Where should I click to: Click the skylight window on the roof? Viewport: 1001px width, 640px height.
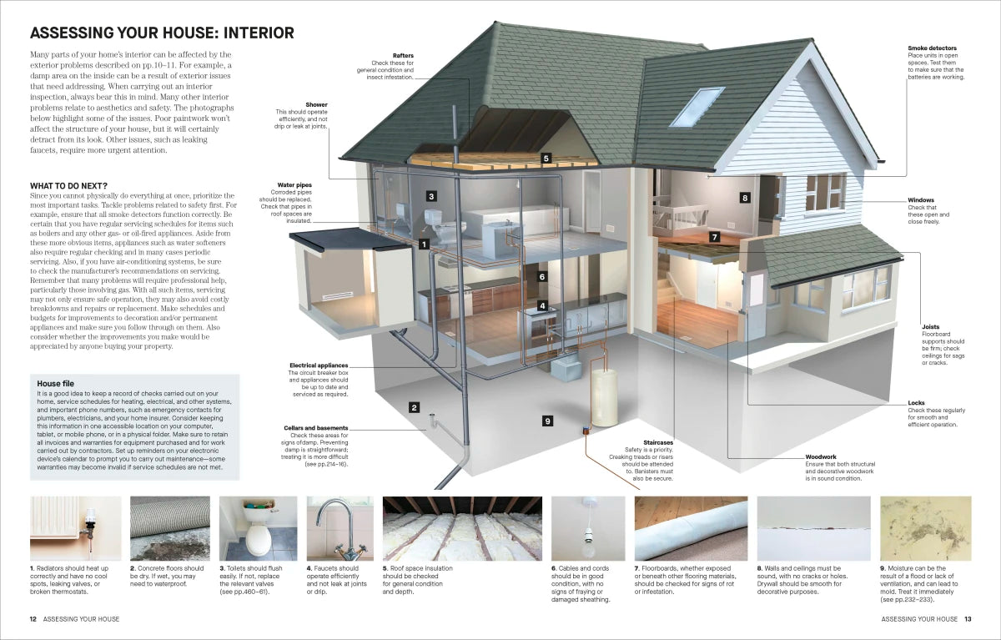tap(697, 108)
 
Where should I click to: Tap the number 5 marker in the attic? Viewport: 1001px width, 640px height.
tap(546, 159)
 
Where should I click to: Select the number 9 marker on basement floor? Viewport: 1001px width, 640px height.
tap(547, 421)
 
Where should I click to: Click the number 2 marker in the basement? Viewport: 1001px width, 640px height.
tap(415, 407)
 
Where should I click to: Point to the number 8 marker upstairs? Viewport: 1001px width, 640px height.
tap(744, 198)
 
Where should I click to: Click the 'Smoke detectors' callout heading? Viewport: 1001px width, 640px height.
tap(933, 48)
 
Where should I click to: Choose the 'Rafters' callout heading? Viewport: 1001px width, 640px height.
tap(403, 56)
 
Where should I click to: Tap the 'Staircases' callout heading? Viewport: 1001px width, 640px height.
tap(658, 442)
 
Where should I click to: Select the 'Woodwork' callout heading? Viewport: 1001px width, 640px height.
tap(821, 456)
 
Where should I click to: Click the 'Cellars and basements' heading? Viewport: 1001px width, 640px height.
tap(316, 428)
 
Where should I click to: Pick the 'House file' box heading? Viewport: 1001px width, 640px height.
tap(55, 384)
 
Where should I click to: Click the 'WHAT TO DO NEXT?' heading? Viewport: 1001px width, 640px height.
tap(68, 186)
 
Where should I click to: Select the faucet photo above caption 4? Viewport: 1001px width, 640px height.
tap(340, 528)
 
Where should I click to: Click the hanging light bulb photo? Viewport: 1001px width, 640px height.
tap(588, 528)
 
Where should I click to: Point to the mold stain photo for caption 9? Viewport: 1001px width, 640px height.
tap(925, 528)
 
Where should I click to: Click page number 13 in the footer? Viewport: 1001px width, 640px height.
tap(968, 619)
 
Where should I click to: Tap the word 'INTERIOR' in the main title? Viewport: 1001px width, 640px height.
tap(259, 33)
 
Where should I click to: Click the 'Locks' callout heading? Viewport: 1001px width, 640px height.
tap(916, 403)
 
